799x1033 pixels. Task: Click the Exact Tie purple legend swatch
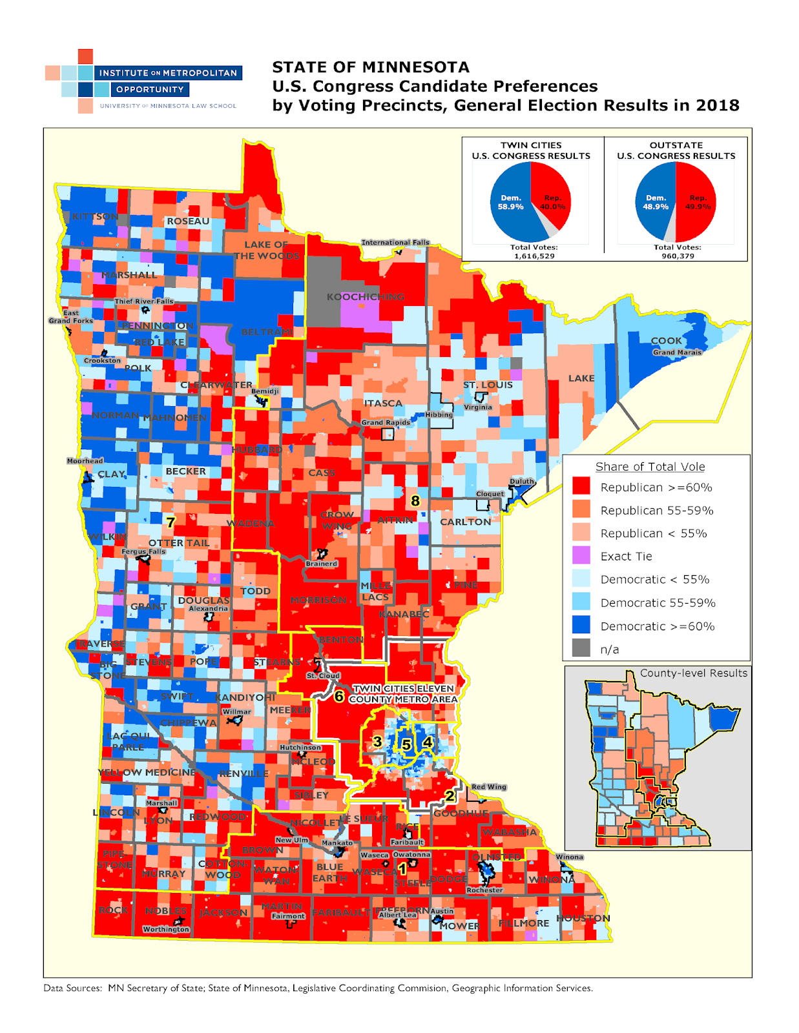tap(581, 555)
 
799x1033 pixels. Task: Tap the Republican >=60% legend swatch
tap(581, 486)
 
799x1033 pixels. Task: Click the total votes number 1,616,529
tap(534, 256)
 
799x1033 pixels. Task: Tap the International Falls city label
tap(395, 243)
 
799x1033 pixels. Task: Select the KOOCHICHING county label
tap(365, 297)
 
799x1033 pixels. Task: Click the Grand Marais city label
tap(676, 353)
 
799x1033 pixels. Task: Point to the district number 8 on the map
tap(415, 500)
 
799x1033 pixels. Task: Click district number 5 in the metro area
tap(406, 745)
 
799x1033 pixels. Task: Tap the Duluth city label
tap(522, 481)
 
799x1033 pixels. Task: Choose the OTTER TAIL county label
tap(179, 543)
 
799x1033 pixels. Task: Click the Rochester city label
tap(484, 890)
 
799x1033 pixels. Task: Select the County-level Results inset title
tap(693, 673)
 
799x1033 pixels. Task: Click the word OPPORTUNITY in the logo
tap(150, 90)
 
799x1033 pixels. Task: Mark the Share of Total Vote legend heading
tap(650, 466)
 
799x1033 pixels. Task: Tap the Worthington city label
tap(166, 929)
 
